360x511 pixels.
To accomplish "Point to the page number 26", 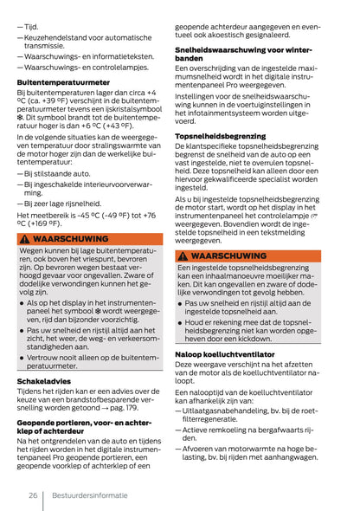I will (x=31, y=495).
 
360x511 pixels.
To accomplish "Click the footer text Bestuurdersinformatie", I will (x=89, y=495).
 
